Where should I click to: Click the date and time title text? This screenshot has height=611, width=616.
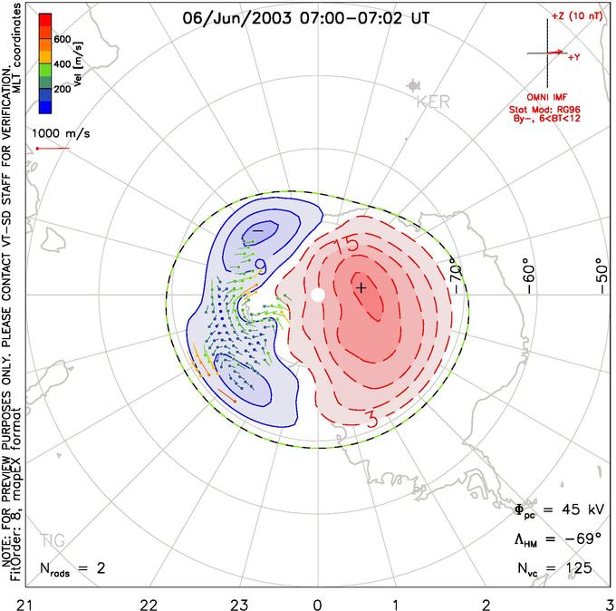pos(306,18)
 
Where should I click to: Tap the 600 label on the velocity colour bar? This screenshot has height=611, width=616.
pos(63,39)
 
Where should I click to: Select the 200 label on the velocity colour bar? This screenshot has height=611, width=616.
pos(63,89)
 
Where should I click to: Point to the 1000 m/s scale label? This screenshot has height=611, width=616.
pos(61,133)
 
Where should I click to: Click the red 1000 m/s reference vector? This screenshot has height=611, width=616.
pos(53,149)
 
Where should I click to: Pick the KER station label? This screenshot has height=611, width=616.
pos(433,102)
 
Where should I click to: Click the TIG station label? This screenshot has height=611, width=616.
pos(53,540)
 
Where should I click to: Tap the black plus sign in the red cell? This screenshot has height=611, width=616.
pos(361,288)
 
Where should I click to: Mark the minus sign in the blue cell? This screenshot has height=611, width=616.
pos(257,230)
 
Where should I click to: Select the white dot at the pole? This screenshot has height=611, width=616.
pos(318,295)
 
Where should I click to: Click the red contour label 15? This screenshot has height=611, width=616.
pos(346,245)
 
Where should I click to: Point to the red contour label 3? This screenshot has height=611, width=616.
pos(371,420)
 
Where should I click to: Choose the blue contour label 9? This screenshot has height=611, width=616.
pos(261,267)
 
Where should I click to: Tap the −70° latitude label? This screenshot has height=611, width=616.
pos(456,276)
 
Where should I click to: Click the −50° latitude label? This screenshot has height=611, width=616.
pos(602,276)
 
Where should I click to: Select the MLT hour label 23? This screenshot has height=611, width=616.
pos(239,605)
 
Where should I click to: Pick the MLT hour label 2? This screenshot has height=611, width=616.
pos(486,605)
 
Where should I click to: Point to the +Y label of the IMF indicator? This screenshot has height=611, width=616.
pos(574,57)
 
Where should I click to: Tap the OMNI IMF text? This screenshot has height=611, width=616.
pos(547,97)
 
